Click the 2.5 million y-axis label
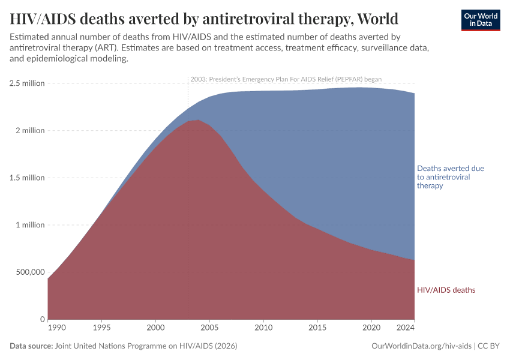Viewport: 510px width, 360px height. (x=27, y=83)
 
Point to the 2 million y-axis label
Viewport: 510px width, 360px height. (x=29, y=131)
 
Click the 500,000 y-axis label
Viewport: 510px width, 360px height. (x=27, y=272)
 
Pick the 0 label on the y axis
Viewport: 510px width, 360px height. (x=42, y=319)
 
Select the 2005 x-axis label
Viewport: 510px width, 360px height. (x=209, y=328)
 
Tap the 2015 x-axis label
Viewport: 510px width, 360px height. (x=317, y=328)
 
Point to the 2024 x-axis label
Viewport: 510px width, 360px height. (x=406, y=328)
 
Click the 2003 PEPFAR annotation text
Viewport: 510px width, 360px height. (x=286, y=79)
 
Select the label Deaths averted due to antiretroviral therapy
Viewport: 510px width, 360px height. (x=450, y=177)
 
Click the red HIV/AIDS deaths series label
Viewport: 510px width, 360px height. (x=446, y=290)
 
